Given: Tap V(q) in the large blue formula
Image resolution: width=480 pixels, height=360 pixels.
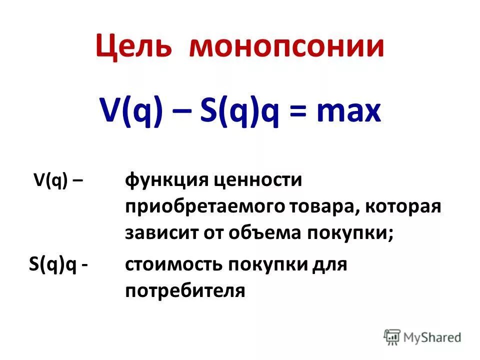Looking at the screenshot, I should coord(131,113).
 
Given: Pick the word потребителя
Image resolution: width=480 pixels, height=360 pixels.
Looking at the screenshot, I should coord(185,290).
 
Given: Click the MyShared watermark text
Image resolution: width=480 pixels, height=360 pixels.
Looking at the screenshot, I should coord(433,338).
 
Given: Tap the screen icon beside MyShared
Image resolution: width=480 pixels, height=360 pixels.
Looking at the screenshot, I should coord(392,337).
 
